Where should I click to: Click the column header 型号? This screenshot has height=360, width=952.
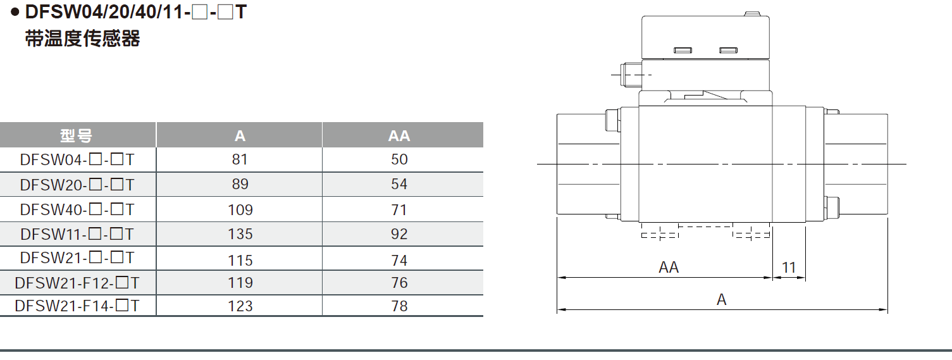(77, 135)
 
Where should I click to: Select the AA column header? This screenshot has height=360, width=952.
(399, 135)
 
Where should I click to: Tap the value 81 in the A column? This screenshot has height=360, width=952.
(240, 159)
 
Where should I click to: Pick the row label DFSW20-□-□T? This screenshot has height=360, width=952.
(77, 185)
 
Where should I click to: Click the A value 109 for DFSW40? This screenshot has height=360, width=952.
(240, 209)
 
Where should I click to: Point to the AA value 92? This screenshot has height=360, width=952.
(399, 234)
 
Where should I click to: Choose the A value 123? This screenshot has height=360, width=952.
(240, 306)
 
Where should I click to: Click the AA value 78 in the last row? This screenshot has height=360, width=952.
(399, 306)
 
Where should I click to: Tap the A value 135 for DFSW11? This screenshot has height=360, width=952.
(240, 234)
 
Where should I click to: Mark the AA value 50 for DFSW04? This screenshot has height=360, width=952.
(399, 159)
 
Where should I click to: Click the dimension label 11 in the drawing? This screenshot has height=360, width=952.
(788, 267)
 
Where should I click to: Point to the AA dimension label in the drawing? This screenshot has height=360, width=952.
(669, 267)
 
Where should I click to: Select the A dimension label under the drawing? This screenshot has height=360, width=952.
(722, 300)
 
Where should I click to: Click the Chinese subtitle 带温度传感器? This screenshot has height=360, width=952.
(82, 39)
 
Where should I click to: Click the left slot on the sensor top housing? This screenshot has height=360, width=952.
(683, 50)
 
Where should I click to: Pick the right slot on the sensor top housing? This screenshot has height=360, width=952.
(729, 50)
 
